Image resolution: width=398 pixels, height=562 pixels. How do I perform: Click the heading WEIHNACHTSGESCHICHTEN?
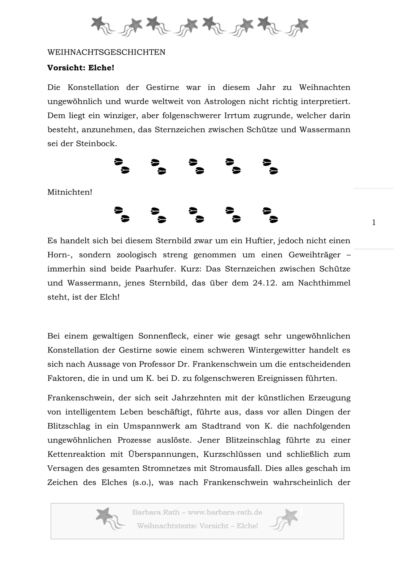pos(106,52)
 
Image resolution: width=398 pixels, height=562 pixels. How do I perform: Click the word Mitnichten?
pos(70,193)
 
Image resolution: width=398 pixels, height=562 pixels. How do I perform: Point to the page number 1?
pos(374,223)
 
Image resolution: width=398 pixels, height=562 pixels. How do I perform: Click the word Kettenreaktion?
pos(77,454)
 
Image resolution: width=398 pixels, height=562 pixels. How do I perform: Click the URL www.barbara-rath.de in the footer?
pos(225,513)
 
